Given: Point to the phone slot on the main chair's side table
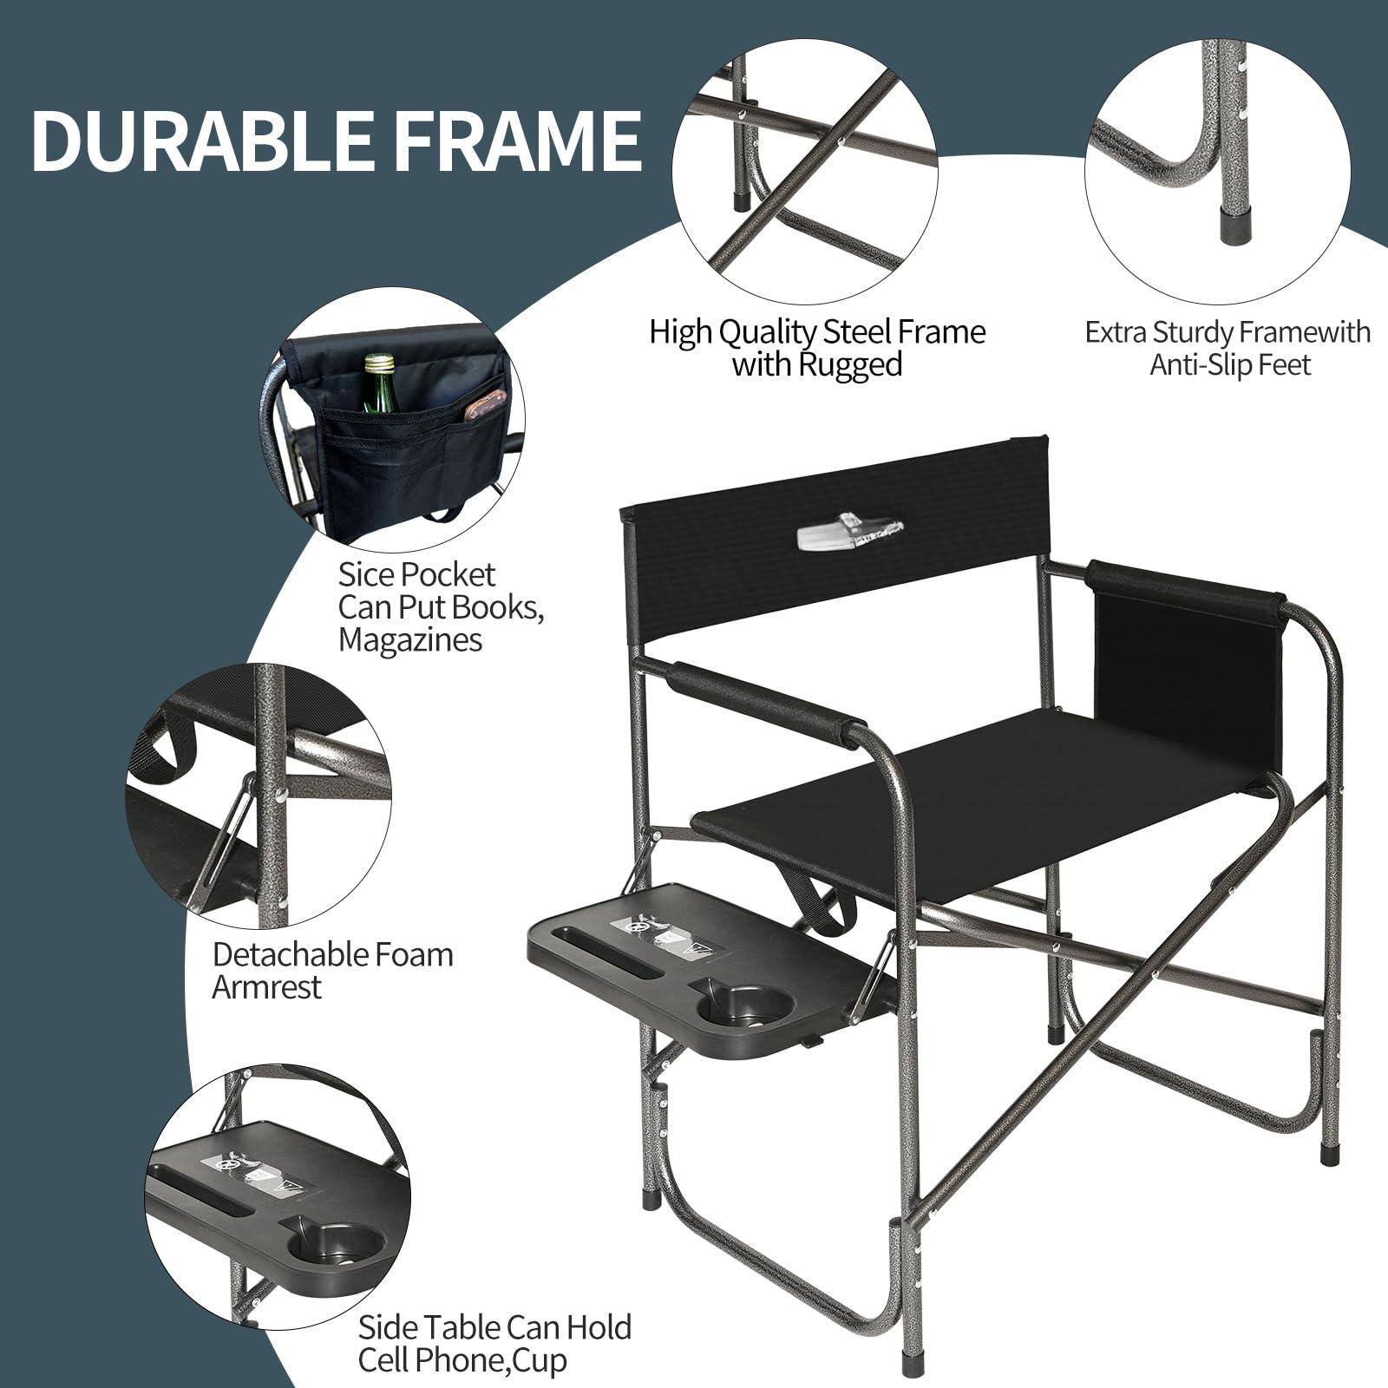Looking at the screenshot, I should pos(611,950).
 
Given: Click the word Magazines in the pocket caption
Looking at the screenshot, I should pos(409,640).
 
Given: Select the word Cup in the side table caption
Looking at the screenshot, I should pos(539,1359).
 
